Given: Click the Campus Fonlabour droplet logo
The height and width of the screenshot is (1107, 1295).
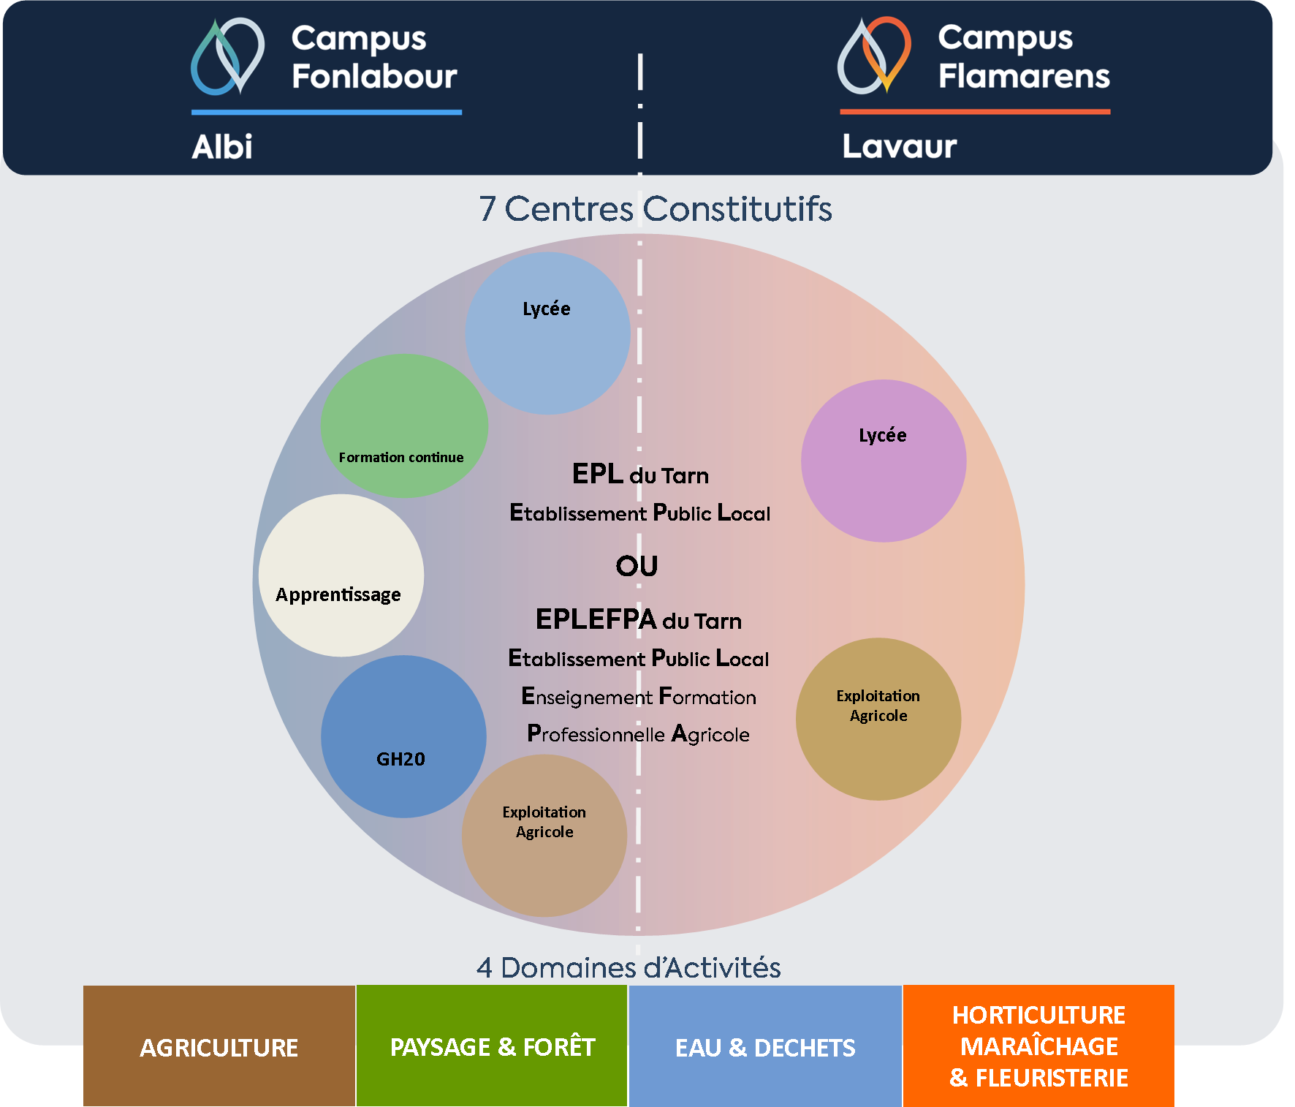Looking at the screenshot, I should [x=227, y=56].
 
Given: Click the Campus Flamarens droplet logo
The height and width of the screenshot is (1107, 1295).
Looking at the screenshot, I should [x=874, y=56].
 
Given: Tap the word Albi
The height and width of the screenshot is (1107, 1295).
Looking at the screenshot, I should [x=222, y=147].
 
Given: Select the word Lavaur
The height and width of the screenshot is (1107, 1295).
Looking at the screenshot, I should [x=899, y=147].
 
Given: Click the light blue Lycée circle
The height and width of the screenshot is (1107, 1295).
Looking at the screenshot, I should [x=547, y=333].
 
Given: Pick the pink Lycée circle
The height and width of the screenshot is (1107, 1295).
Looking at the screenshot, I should [x=883, y=461].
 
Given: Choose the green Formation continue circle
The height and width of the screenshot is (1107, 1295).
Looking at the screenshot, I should [x=404, y=426].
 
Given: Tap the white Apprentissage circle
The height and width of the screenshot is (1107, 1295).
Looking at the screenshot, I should [x=341, y=575].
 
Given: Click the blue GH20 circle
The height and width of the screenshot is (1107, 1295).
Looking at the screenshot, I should [x=403, y=736].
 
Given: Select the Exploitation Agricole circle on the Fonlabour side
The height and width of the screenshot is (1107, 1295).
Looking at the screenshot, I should [x=544, y=836].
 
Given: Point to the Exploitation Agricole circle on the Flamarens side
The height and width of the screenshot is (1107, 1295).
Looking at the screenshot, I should [x=878, y=719].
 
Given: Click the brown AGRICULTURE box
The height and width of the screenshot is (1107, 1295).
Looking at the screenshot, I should [x=219, y=1046].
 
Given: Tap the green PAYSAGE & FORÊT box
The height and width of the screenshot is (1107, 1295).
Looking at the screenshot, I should [x=492, y=1046].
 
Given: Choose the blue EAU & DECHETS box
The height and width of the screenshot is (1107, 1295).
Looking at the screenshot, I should [x=765, y=1046].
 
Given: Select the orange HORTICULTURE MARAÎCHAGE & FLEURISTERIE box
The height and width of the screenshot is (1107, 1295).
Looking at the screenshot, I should [x=1038, y=1046].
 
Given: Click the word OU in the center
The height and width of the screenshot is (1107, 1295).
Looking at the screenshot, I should [x=637, y=566].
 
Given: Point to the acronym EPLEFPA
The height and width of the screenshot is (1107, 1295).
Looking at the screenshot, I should [x=596, y=619].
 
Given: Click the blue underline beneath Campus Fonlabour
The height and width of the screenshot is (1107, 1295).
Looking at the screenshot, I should [x=326, y=113].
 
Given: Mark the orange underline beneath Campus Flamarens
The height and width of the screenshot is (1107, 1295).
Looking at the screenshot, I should [x=975, y=112].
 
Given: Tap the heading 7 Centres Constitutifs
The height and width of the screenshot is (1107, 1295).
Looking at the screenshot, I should [x=656, y=209].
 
